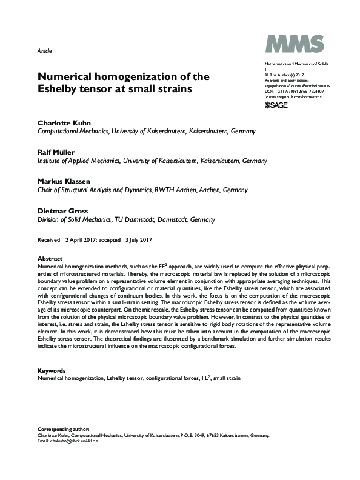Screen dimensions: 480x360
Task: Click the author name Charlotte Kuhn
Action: pos(65,122)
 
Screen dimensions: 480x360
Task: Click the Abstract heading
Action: pos(50,258)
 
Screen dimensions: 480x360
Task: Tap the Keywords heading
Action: pos(52,370)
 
